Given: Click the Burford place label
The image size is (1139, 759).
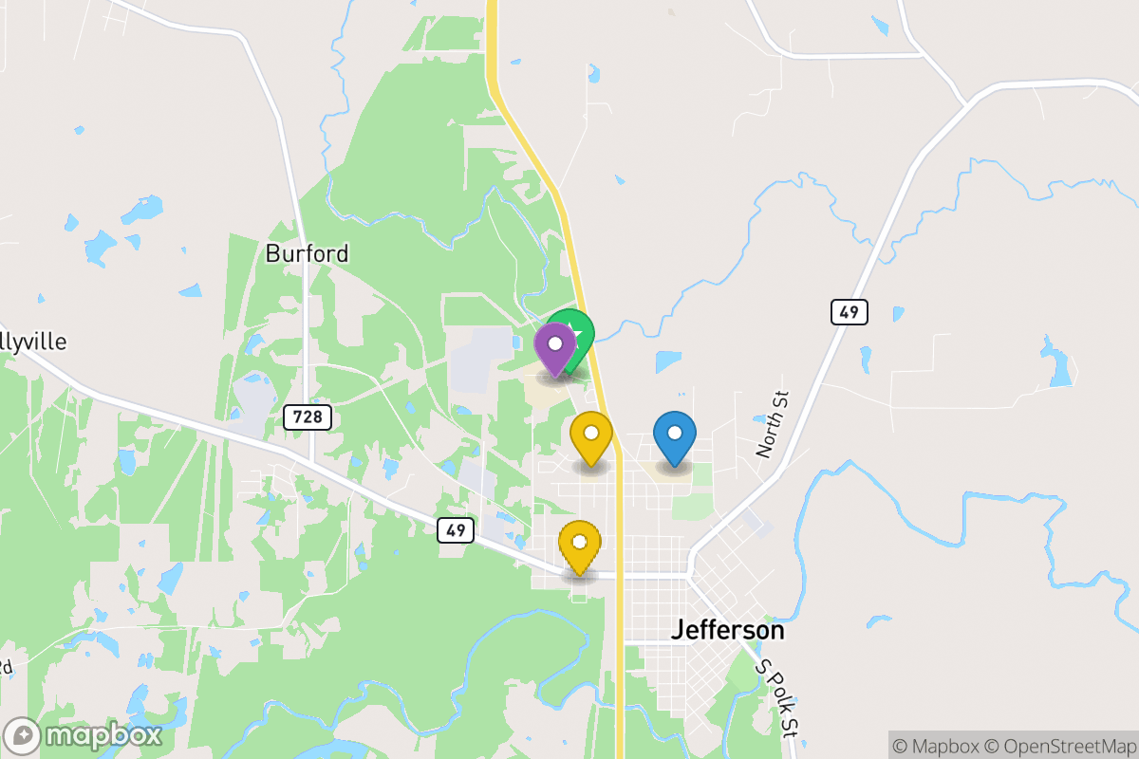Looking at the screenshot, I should pos(307,253).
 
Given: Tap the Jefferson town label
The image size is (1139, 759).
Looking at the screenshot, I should pos(727,630).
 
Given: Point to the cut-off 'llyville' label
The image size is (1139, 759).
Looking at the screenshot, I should pos(34,342).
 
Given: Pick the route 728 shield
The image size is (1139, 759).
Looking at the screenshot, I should pos(307,416).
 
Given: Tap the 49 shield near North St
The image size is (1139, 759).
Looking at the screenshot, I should pos(849,311).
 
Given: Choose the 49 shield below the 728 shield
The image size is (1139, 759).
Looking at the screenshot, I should pos(456,530).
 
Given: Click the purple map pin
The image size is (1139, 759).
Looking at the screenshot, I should pos(555,347).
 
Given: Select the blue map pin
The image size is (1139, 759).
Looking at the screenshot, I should pos(675,436).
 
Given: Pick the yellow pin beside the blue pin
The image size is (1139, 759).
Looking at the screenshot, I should pos(590,436).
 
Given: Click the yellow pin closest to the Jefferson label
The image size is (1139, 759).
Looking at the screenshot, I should pos(579,546).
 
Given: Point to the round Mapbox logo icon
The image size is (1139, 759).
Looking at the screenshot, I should pos(23,736).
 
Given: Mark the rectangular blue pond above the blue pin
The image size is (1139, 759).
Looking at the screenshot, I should pos(668,361).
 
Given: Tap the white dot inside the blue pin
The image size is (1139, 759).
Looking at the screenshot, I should pos(675,433).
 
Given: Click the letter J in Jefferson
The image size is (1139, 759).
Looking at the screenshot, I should pos(678,630).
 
